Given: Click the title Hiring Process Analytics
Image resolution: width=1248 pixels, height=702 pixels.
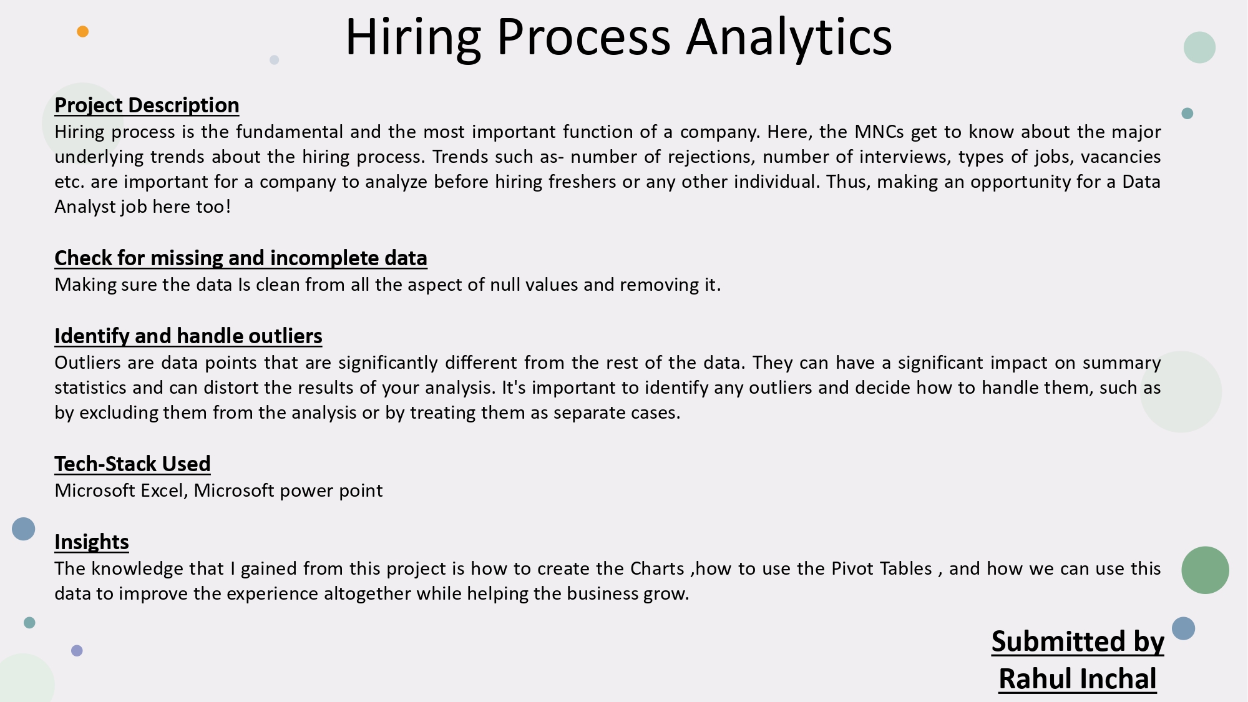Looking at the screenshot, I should click(x=618, y=37).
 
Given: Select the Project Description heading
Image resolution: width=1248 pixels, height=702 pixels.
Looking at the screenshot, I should click(x=147, y=105).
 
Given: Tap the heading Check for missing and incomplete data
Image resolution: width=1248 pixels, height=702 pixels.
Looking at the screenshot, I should click(x=240, y=258).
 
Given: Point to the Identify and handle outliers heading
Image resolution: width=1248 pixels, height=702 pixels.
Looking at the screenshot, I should click(x=188, y=336).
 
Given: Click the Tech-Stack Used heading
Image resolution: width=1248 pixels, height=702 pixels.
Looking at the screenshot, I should click(x=132, y=464).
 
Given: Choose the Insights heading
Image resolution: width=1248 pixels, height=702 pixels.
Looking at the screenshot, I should click(x=92, y=542).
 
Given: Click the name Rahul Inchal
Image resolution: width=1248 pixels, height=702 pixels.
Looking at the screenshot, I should click(x=1077, y=679).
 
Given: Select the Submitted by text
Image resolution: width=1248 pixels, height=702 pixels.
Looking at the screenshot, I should click(x=1078, y=642).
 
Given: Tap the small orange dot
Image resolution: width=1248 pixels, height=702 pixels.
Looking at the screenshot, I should click(x=82, y=32).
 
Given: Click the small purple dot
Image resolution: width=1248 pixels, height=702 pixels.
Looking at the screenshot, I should click(x=77, y=651).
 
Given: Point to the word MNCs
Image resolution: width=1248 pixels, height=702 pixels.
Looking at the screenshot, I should click(x=879, y=132).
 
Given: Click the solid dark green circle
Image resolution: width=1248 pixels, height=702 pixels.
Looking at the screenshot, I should click(x=1205, y=570).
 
